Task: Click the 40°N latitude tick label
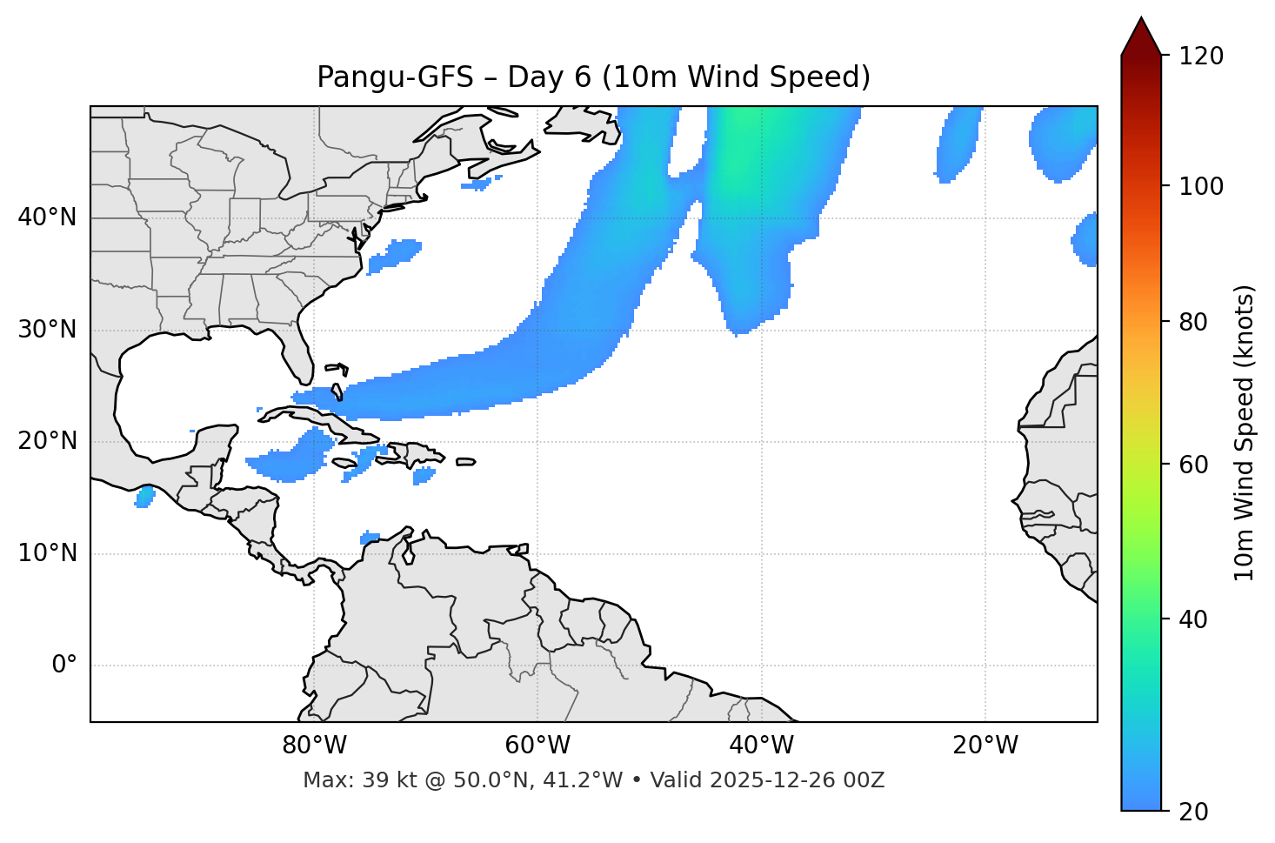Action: click(x=47, y=217)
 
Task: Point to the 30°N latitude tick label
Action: click(x=47, y=330)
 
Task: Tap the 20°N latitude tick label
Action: click(x=47, y=441)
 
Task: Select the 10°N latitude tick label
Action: click(x=47, y=553)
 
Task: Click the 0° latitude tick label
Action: click(x=64, y=666)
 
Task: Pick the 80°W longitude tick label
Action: click(x=314, y=746)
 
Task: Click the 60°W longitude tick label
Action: click(x=537, y=746)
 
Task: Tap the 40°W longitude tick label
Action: click(x=761, y=746)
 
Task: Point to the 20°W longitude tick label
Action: click(x=985, y=746)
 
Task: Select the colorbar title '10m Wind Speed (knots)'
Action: click(x=1245, y=432)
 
